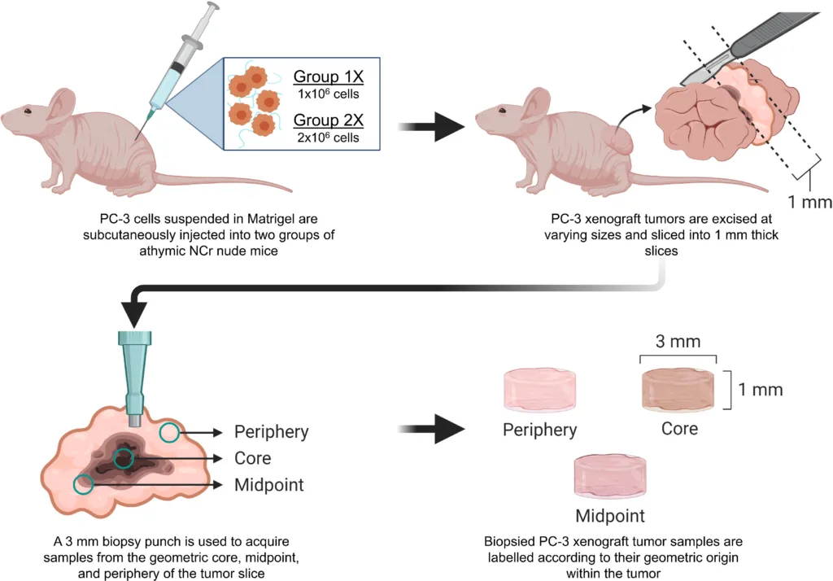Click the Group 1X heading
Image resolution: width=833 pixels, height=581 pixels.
pyautogui.click(x=329, y=78)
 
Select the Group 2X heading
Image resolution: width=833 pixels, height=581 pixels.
pyautogui.click(x=329, y=121)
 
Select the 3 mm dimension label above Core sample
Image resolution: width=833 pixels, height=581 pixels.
pyautogui.click(x=678, y=342)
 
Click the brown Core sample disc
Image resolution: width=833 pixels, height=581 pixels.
pyautogui.click(x=678, y=390)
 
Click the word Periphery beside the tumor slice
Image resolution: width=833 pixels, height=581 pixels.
pyautogui.click(x=271, y=431)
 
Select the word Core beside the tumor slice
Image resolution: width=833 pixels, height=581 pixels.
pyautogui.click(x=252, y=458)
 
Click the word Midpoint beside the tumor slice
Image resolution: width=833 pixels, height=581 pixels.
pyautogui.click(x=269, y=485)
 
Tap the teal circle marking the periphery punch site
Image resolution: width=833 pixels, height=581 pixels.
pyautogui.click(x=169, y=432)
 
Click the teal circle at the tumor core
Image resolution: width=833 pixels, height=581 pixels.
pyautogui.click(x=124, y=459)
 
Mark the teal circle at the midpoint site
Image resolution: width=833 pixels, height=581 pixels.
pyautogui.click(x=83, y=485)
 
